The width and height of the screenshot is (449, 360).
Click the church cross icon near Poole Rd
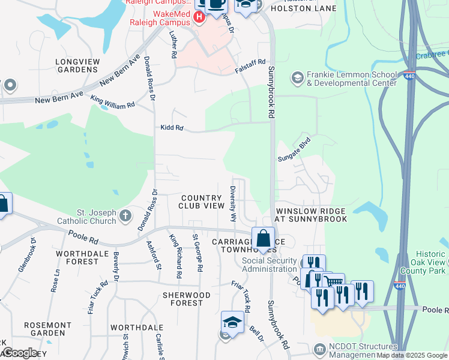pyautogui.click(x=125, y=215)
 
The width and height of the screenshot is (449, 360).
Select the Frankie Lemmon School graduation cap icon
pyautogui.click(x=297, y=78)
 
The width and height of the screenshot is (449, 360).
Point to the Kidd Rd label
pyautogui.click(x=171, y=128)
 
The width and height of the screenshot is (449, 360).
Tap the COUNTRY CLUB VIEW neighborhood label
pyautogui.click(x=202, y=202)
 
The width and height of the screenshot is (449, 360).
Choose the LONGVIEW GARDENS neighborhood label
pyautogui.click(x=77, y=65)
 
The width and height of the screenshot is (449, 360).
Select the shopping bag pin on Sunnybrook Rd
pyautogui.click(x=263, y=239)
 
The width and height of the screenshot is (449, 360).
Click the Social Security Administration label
pyautogui.click(x=270, y=265)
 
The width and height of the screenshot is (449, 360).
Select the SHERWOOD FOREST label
pyautogui.click(x=187, y=299)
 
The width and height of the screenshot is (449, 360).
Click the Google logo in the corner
pyautogui.click(x=19, y=353)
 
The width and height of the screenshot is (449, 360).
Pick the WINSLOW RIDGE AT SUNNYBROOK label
pyautogui.click(x=311, y=215)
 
